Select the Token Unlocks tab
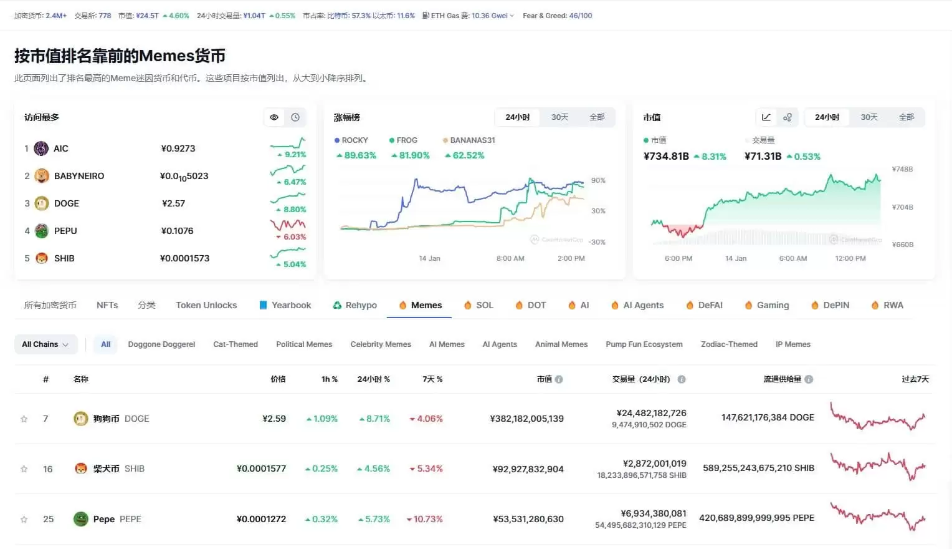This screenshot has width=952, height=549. pyautogui.click(x=206, y=305)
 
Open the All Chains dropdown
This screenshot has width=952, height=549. pyautogui.click(x=45, y=344)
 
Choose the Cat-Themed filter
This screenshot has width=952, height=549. pyautogui.click(x=235, y=344)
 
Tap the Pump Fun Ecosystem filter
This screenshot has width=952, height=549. pyautogui.click(x=644, y=344)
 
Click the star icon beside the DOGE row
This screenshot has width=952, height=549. pyautogui.click(x=24, y=419)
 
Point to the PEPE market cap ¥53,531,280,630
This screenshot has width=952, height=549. pyautogui.click(x=528, y=519)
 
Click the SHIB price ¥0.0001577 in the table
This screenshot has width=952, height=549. pyautogui.click(x=261, y=469)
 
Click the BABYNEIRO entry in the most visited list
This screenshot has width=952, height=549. pyautogui.click(x=79, y=176)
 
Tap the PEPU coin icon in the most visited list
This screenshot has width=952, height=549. pyautogui.click(x=42, y=231)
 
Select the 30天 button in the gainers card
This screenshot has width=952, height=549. pyautogui.click(x=559, y=117)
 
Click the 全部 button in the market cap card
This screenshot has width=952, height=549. pyautogui.click(x=906, y=117)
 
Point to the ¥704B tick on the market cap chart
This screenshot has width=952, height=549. pyautogui.click(x=902, y=207)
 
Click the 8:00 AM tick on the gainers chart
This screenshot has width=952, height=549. pyautogui.click(x=510, y=258)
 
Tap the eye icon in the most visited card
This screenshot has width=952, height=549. pyautogui.click(x=274, y=117)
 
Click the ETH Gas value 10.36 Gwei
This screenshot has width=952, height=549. pyautogui.click(x=490, y=16)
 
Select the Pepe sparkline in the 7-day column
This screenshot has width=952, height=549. pyautogui.click(x=878, y=517)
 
